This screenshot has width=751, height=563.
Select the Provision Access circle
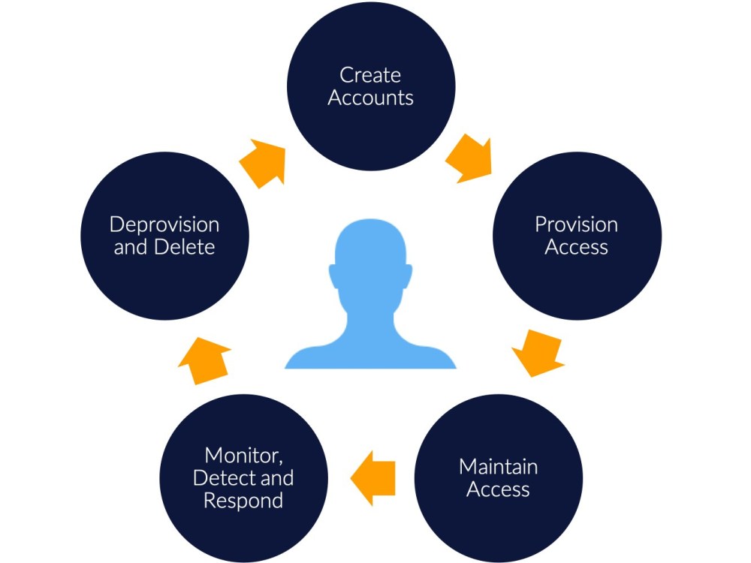coord(576,236)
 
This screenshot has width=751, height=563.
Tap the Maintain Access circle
coord(498,478)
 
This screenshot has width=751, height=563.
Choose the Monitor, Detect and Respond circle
coord(243,478)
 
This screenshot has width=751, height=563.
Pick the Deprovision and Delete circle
coord(164,236)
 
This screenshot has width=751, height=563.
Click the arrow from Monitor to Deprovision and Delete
coord(204,359)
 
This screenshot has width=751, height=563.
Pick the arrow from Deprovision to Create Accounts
coord(264,161)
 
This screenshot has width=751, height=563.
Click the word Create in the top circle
coord(370,75)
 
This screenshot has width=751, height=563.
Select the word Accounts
coord(371,98)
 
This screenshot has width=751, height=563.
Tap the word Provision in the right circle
coord(576,224)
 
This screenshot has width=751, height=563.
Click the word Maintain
coord(498,467)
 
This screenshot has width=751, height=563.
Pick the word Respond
coord(243,501)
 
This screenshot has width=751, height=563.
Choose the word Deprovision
coord(164,224)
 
